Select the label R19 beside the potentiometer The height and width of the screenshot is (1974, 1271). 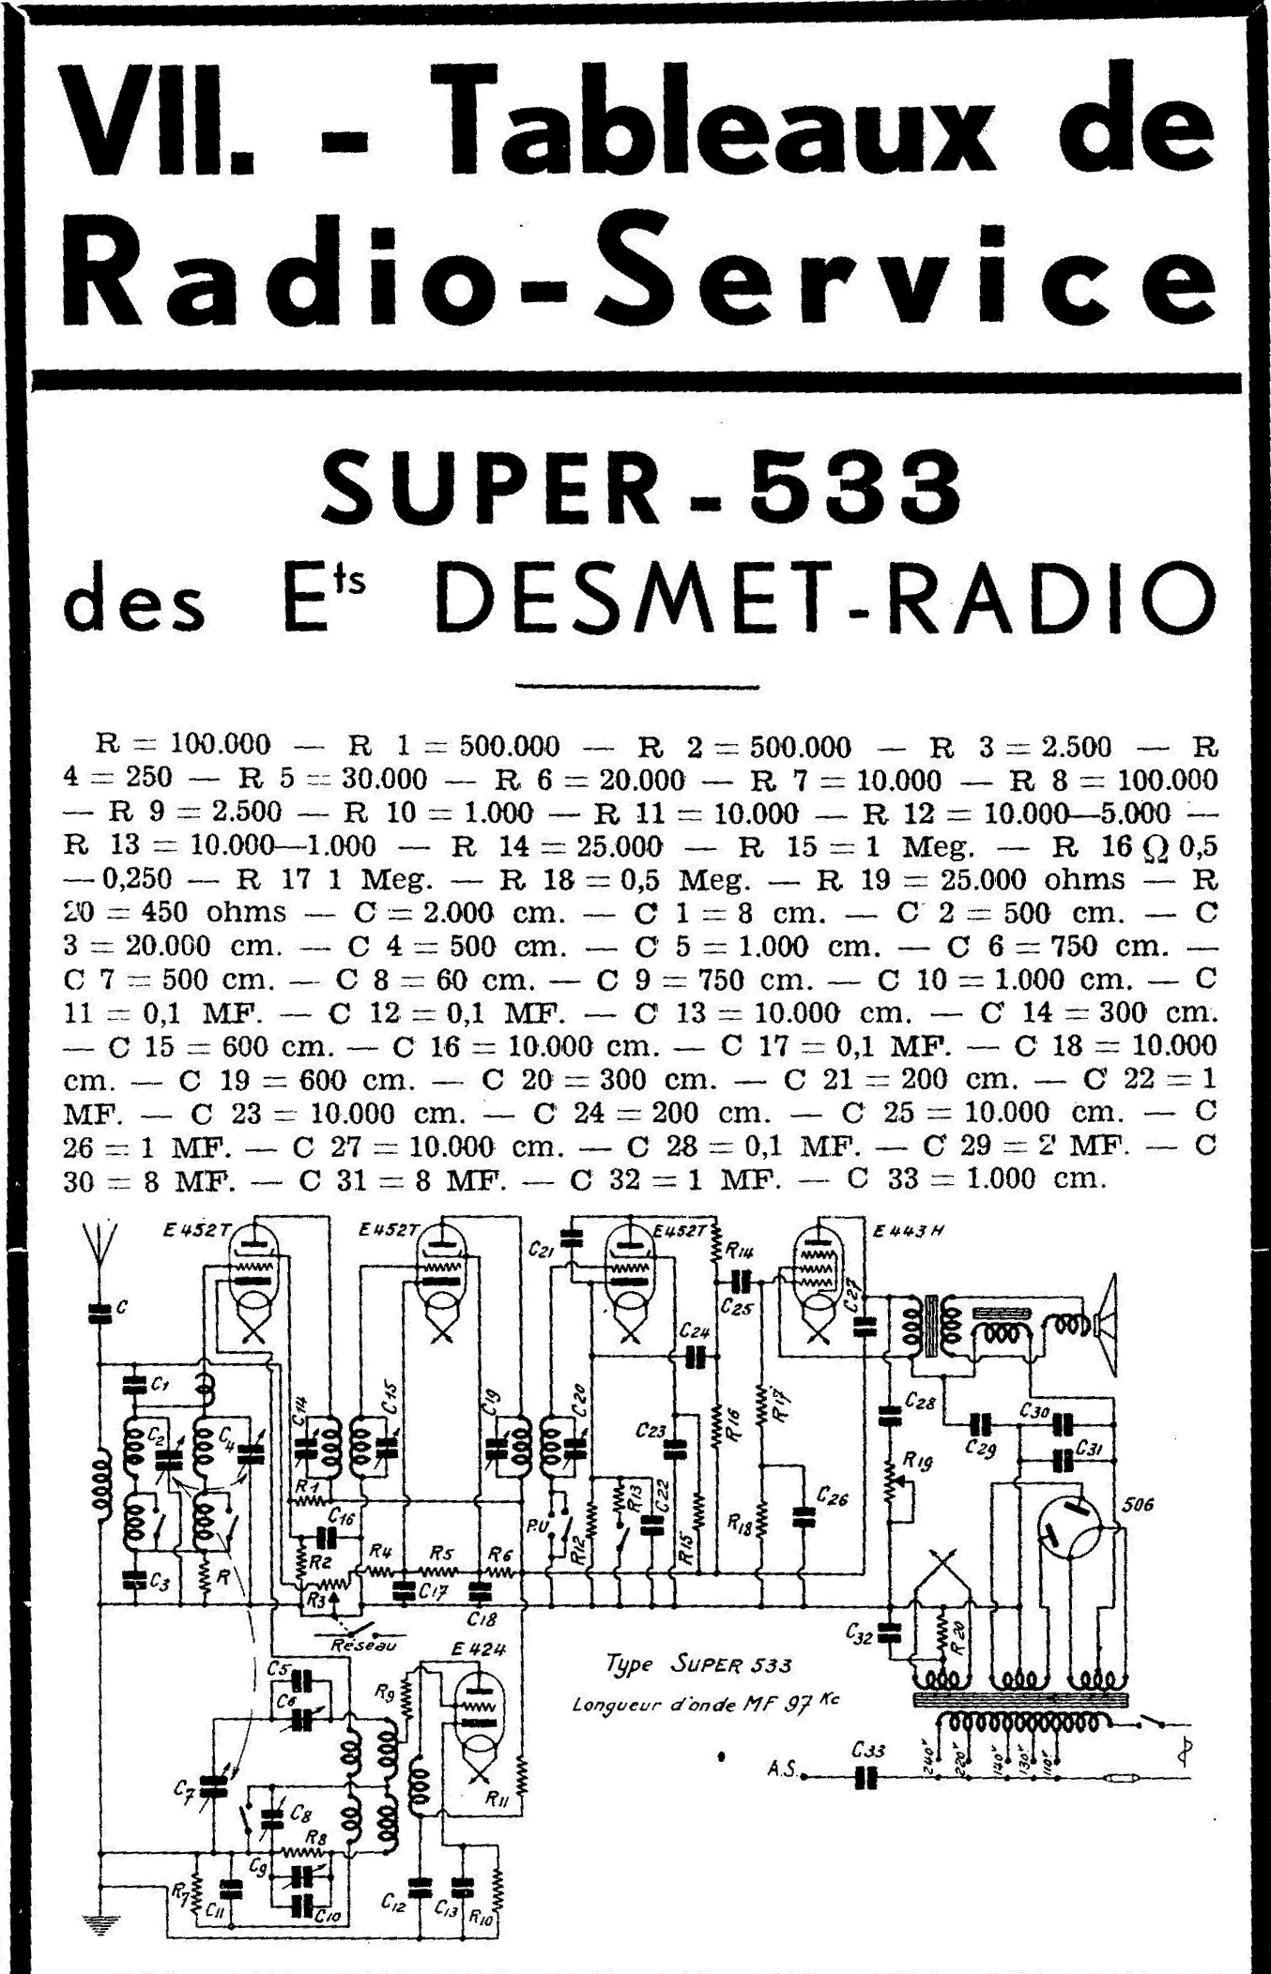coord(916,1461)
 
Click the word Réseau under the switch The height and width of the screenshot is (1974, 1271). coord(363,1645)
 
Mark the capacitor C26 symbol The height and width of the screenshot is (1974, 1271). coord(804,1517)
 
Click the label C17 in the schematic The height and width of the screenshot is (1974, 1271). coord(433,1591)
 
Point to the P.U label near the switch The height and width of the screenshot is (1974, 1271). coord(538,1526)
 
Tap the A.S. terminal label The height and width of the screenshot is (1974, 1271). coord(781,1769)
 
